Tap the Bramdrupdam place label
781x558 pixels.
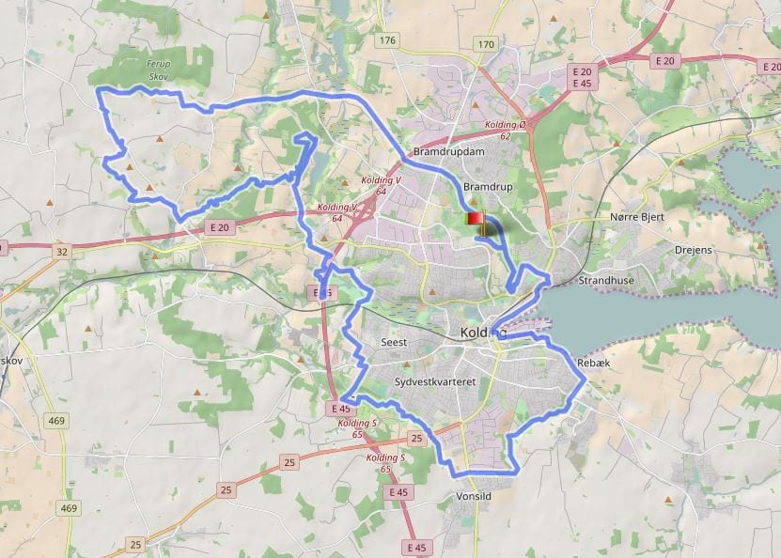(x=448, y=152)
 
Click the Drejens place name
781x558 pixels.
(x=694, y=250)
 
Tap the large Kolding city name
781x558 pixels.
(x=484, y=333)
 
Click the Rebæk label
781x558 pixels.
(x=593, y=363)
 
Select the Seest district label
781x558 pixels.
(x=394, y=343)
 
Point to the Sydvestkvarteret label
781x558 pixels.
(x=436, y=382)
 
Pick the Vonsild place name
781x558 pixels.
(x=473, y=496)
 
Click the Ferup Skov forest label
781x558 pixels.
(x=159, y=70)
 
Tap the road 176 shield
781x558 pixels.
(x=387, y=40)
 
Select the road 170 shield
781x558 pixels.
(x=485, y=44)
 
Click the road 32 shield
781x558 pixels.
(x=62, y=251)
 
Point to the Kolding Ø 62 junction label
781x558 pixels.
(x=506, y=131)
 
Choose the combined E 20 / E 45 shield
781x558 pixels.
(x=582, y=77)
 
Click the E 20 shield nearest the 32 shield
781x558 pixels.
(x=220, y=227)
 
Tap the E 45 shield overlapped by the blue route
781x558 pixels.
(x=322, y=294)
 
